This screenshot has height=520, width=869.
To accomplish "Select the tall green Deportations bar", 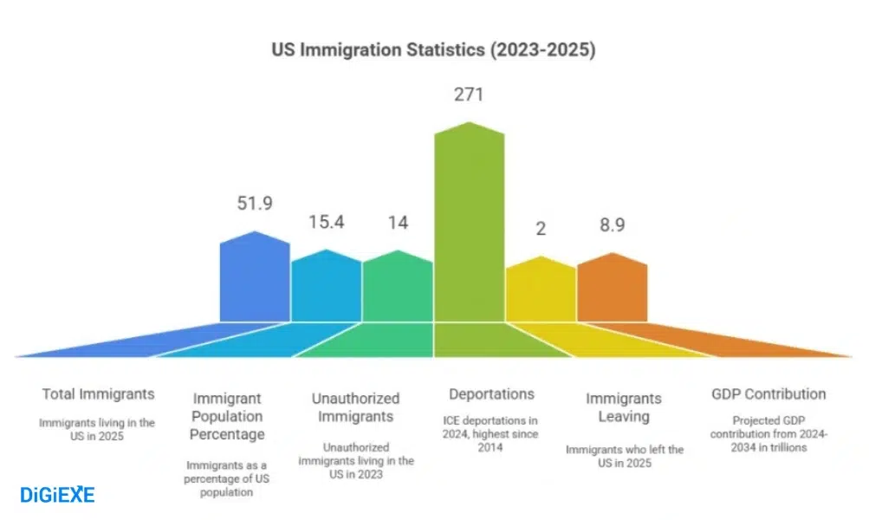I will coord(469,234).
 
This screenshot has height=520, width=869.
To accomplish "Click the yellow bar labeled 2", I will coord(541,291).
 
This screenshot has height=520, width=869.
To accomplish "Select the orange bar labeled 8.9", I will coord(612,289).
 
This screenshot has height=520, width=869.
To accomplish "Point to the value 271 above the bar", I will coord(469,95).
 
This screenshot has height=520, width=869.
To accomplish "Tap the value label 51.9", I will coord(255,204).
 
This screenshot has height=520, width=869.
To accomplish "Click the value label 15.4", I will coord(327,222).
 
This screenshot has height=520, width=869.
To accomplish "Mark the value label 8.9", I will coord(612,225).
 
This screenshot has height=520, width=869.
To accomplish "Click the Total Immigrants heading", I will coord(99,394).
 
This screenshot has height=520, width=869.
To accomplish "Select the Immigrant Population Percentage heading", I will coord(228,416).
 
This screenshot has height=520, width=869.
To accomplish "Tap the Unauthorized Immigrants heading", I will coord(356,407).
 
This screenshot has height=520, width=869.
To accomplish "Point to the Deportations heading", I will coord(491,394).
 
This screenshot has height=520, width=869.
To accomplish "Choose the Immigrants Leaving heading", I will coord(624,407).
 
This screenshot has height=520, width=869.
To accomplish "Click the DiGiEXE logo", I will coord(57,495).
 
